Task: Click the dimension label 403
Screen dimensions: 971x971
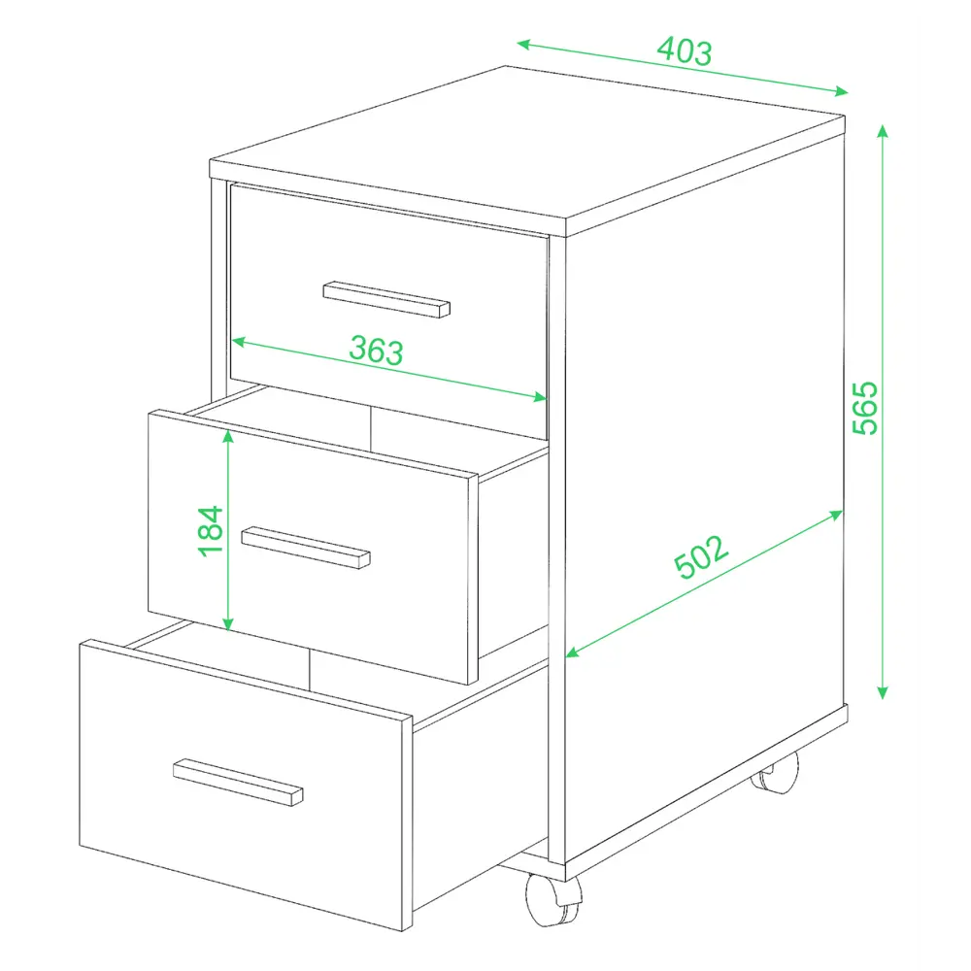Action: [685, 50]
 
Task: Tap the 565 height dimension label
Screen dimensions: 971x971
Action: [865, 408]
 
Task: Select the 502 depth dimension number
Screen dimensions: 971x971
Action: [701, 556]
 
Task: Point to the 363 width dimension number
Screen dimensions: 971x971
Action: [376, 351]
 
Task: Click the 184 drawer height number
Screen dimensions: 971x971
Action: [211, 531]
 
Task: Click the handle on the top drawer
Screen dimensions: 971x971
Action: [386, 300]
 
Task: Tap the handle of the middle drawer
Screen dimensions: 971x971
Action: [305, 548]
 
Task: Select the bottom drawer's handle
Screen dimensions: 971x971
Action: [238, 782]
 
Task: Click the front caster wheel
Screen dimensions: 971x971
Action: [553, 899]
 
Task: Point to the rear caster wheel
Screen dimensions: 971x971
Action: [775, 773]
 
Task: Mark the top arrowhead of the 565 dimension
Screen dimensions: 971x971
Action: [883, 131]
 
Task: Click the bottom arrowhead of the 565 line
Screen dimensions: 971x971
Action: [883, 693]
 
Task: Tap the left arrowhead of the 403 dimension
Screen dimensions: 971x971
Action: [523, 44]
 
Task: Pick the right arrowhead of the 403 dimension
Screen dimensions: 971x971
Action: [842, 91]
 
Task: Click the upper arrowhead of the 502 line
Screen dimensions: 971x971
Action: [836, 515]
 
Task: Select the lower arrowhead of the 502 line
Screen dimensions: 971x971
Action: [573, 652]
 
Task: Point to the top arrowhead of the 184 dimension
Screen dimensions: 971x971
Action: [228, 437]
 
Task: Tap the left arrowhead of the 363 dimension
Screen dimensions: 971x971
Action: [239, 341]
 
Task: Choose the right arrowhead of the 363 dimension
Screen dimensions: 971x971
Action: [539, 396]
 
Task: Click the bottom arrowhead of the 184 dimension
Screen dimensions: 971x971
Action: [228, 624]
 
